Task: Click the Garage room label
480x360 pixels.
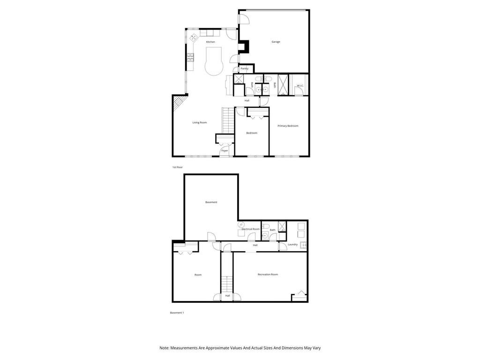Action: (x=276, y=42)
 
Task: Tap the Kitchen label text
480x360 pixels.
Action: (x=210, y=42)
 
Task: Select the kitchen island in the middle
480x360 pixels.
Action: (x=214, y=61)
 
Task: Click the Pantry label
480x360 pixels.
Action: (x=244, y=68)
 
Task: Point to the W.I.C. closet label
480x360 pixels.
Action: (x=300, y=85)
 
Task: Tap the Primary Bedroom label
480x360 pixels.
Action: (x=288, y=126)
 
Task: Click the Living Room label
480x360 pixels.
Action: (x=199, y=122)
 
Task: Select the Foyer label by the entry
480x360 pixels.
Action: (x=225, y=150)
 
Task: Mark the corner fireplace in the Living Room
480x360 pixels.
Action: (x=179, y=102)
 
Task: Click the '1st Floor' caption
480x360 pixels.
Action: (x=177, y=167)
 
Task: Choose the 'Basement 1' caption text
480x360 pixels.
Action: (x=177, y=313)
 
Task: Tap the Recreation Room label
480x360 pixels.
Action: (x=268, y=274)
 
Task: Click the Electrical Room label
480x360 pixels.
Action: (x=251, y=229)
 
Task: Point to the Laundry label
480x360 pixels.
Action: (x=292, y=244)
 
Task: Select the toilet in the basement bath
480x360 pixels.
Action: (x=265, y=226)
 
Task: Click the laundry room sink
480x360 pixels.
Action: (x=303, y=245)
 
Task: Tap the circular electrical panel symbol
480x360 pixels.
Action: (x=242, y=225)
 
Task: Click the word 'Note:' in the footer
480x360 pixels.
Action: (x=164, y=348)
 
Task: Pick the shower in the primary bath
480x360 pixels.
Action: (x=283, y=85)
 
